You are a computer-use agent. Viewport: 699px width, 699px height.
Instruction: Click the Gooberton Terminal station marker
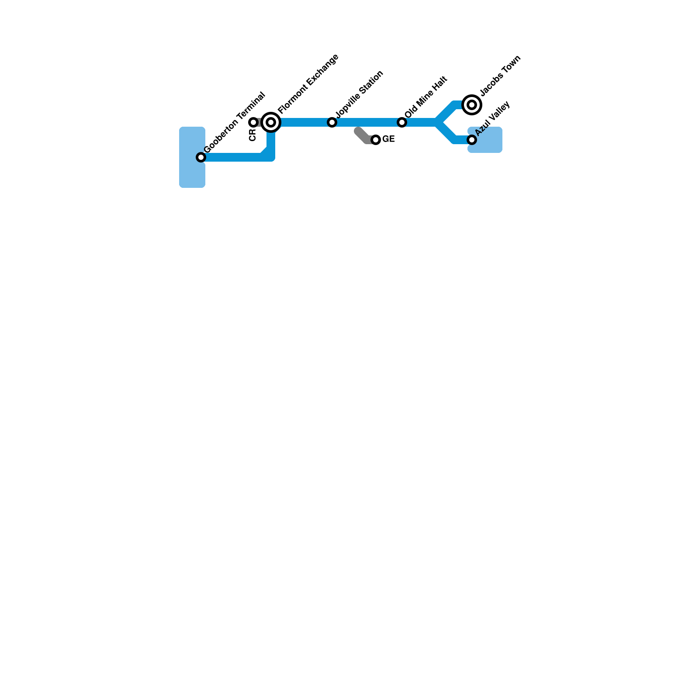point(201,157)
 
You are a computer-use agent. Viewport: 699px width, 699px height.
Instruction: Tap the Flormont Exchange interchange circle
point(271,122)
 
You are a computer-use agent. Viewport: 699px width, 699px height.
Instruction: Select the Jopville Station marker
point(332,122)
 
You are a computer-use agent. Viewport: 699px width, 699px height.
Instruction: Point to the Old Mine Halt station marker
point(402,122)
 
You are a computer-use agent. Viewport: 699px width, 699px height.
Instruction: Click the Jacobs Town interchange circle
point(472,105)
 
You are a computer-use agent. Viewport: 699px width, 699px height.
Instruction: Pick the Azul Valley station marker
point(472,140)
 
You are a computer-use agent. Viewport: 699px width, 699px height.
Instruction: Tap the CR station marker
point(253,122)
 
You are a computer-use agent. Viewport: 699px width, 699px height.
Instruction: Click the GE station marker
point(376,140)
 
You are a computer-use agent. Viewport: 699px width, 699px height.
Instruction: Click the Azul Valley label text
point(492,118)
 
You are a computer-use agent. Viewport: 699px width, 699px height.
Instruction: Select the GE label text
point(389,139)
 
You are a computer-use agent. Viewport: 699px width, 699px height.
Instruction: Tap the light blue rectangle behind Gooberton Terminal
point(192,175)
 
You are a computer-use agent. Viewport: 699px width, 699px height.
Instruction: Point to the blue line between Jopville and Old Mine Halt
point(367,122)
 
